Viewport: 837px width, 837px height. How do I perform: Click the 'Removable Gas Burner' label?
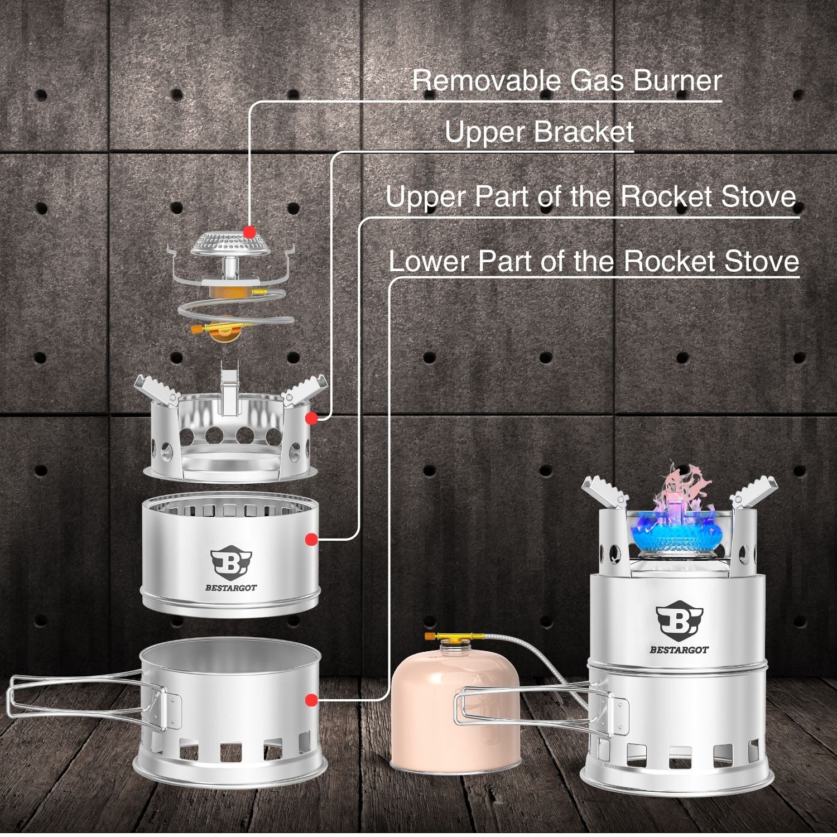[x=567, y=80]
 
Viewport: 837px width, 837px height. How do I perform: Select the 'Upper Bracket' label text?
[x=539, y=132]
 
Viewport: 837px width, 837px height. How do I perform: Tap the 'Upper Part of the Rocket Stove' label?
[x=591, y=196]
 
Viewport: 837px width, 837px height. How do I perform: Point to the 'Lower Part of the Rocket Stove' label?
[x=594, y=261]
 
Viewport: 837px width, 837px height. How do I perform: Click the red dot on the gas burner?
[x=249, y=231]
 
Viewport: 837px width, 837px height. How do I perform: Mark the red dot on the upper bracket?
[x=311, y=418]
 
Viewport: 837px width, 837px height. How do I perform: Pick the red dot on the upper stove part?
[x=311, y=539]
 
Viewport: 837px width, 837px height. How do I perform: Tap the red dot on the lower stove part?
[x=311, y=700]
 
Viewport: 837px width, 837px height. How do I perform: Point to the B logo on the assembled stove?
[x=679, y=620]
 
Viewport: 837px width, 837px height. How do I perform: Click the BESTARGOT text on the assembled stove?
[x=679, y=650]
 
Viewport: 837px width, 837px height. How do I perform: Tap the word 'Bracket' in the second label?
[x=584, y=132]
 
